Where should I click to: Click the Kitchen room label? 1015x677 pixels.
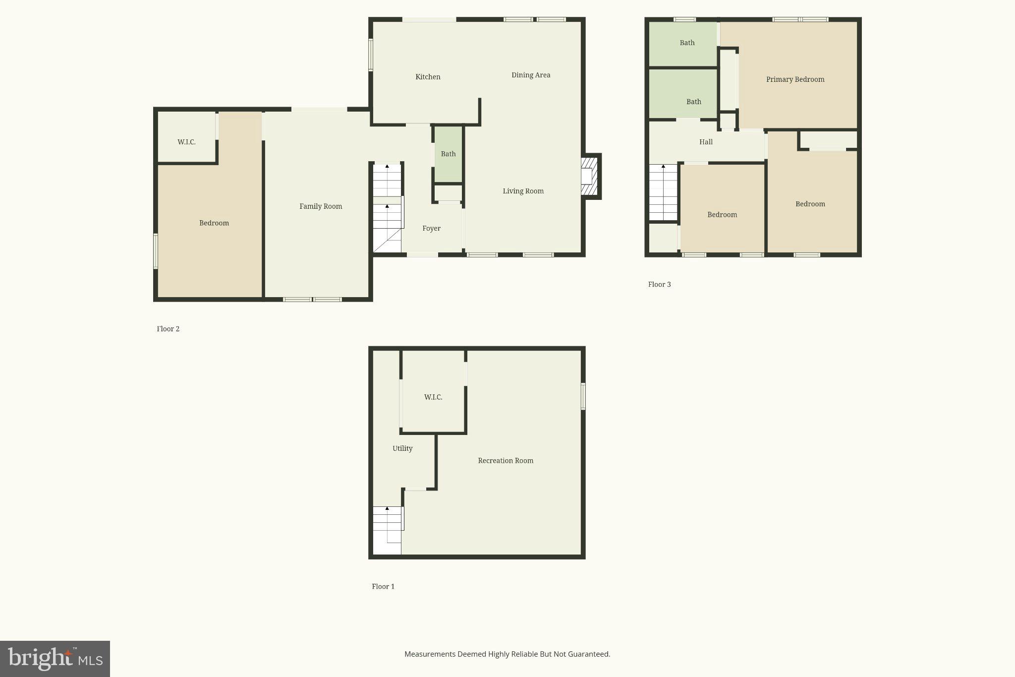coord(428,77)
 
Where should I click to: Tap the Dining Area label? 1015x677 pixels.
coord(531,75)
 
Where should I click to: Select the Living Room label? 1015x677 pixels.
coord(523,191)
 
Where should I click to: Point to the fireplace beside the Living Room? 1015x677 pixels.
coord(590,177)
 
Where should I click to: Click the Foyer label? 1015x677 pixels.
coord(431,228)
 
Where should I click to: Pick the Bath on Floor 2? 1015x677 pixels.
coord(448,154)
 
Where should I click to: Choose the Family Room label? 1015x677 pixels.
coord(321,206)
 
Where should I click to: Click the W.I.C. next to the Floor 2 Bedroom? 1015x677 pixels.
coord(186,142)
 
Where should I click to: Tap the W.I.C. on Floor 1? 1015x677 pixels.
coord(433,397)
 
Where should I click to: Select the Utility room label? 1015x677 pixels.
coord(402,448)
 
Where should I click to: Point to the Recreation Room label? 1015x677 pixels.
coord(506,460)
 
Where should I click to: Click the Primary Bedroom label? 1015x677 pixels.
coord(795,79)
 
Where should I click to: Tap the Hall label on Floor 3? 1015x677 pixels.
coord(706,142)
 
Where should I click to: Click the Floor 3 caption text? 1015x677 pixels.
coord(659,284)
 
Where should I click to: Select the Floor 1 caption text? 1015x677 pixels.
coord(383,586)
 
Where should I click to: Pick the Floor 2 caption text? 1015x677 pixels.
coord(168,329)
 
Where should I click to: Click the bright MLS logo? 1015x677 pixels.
coord(55,659)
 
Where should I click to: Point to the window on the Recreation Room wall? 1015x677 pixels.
coord(583,396)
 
